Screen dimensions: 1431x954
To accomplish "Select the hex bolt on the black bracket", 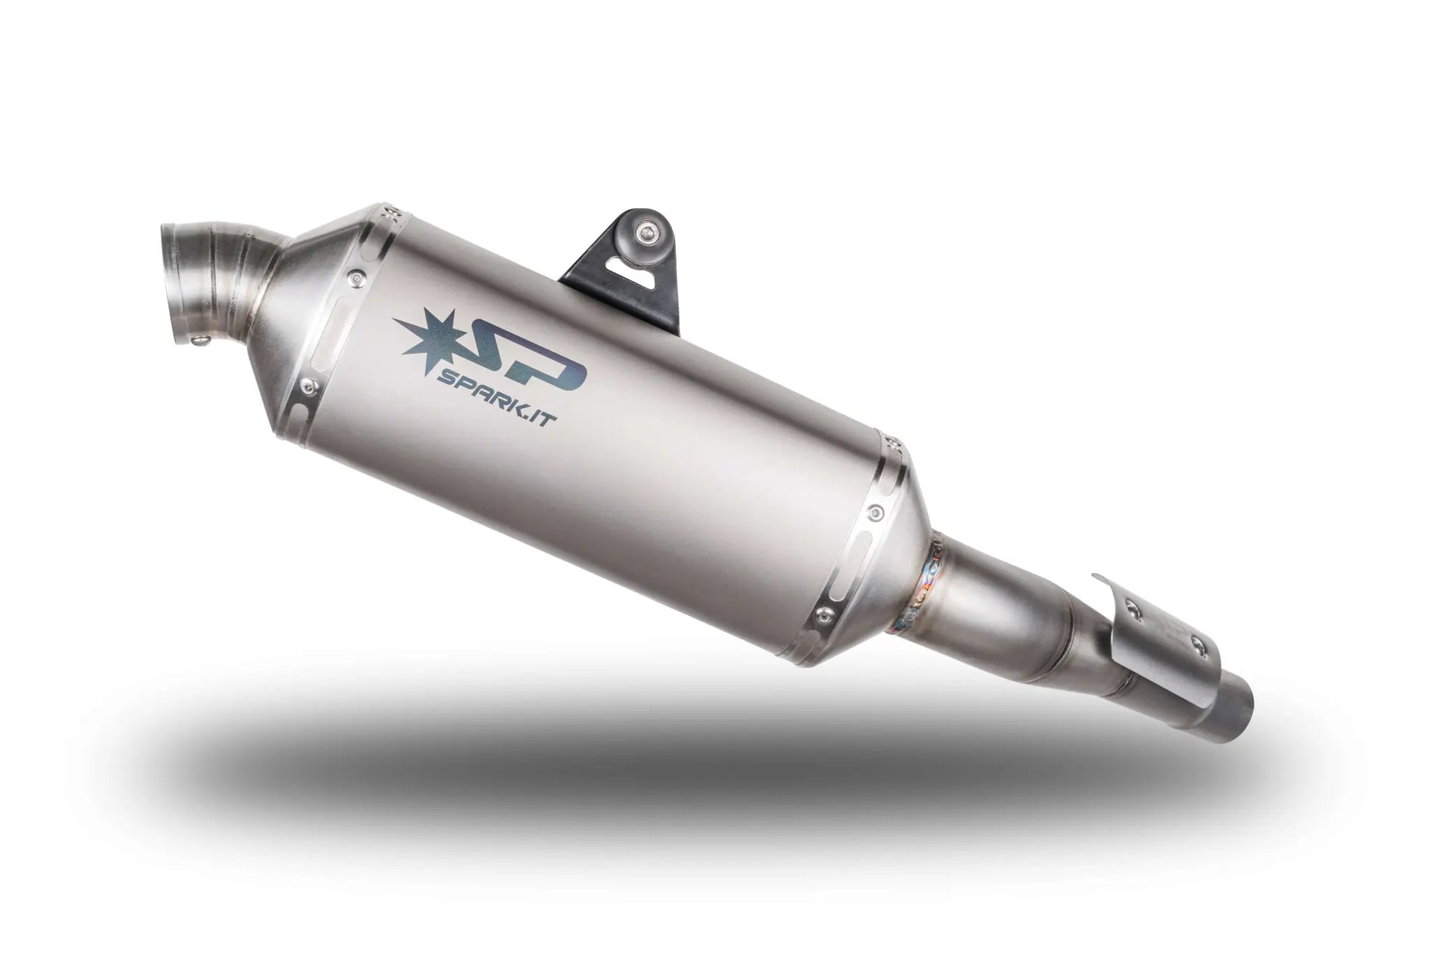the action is [646, 235].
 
